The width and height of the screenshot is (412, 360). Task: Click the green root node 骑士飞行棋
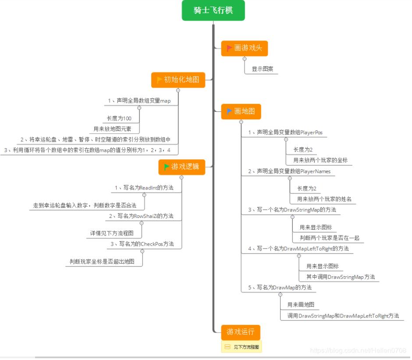pos(213,11)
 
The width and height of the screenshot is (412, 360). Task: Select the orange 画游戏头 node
pos(244,48)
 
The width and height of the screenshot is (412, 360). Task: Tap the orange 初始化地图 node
pos(178,80)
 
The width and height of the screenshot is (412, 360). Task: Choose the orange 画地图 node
pos(241,111)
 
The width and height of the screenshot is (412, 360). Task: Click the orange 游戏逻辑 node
pos(181,167)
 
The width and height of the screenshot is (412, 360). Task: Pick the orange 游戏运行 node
pos(240,331)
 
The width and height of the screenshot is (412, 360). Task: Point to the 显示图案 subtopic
pos(263,69)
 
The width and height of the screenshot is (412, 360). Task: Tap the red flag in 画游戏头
pos(229,48)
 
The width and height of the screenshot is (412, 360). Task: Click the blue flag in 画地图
pos(229,111)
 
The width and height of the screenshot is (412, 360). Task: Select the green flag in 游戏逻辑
pos(167,167)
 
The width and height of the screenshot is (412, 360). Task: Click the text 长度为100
pos(119,118)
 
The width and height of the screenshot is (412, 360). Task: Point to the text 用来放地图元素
pos(116,129)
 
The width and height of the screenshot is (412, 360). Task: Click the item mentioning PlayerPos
pos(285,132)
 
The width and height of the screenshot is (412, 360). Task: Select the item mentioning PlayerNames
pos(289,171)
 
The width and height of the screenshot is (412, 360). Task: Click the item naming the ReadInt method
pos(144,188)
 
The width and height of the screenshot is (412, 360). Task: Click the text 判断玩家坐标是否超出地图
pos(102,261)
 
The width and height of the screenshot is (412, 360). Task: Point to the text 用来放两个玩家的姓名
pos(324,199)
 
